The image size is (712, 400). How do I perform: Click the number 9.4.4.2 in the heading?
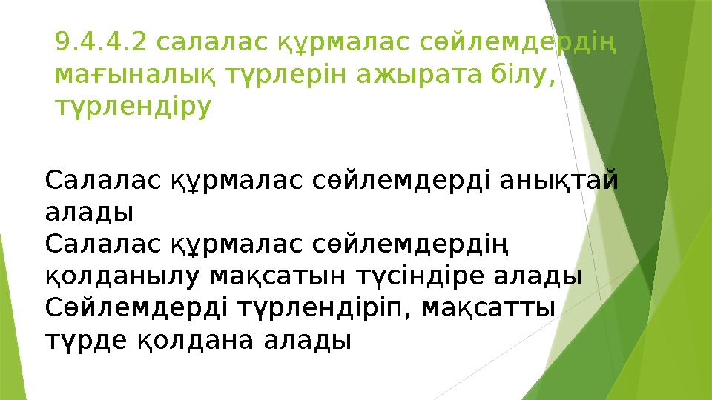coord(101,46)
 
